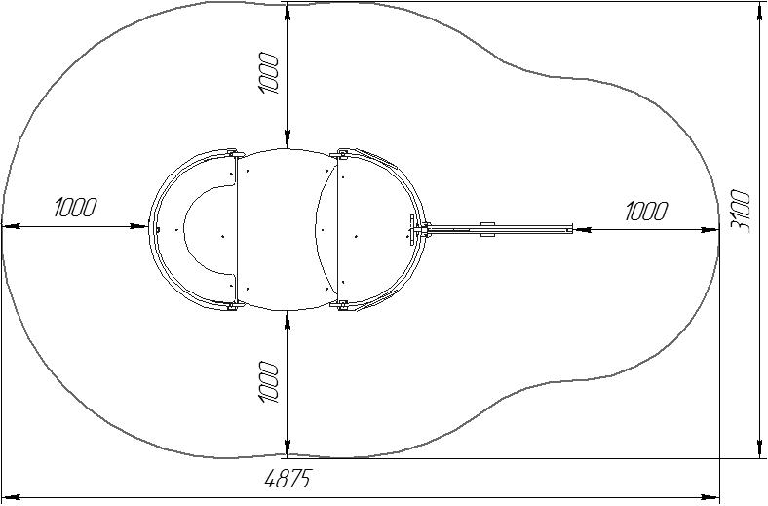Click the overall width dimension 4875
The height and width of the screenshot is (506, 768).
(287, 479)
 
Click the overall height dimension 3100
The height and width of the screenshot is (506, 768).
(741, 213)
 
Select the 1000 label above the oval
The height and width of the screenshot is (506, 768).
(268, 72)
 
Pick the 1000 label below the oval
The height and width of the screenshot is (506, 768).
(268, 382)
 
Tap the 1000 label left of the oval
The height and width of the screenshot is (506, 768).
(75, 207)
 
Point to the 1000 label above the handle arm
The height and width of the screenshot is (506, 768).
(645, 212)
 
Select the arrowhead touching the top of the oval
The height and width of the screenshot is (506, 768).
(288, 138)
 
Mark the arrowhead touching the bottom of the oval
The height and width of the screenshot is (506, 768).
(288, 320)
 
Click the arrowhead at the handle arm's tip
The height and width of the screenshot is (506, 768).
(582, 229)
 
